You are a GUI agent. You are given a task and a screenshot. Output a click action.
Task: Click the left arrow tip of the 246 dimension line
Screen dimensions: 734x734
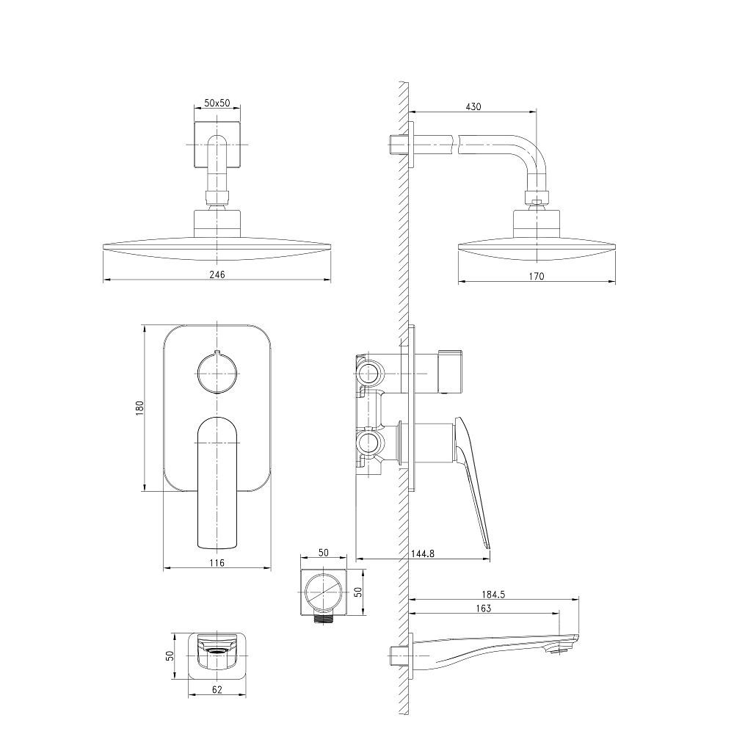(x=103, y=280)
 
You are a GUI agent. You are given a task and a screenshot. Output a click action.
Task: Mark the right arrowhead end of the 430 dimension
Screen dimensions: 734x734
(x=536, y=112)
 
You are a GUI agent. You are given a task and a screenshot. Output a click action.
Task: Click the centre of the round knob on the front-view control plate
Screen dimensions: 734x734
(x=217, y=373)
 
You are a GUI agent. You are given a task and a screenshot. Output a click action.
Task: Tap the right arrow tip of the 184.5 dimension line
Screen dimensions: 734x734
(x=578, y=599)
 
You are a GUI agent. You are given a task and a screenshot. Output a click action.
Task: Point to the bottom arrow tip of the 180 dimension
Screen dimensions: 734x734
(x=145, y=491)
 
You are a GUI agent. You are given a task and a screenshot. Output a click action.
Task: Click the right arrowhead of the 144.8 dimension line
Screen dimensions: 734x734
(x=490, y=558)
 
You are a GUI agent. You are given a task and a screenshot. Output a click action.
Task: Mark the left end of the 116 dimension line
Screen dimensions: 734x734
(x=164, y=568)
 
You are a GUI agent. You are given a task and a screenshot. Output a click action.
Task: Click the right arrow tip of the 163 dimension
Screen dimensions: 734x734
(x=559, y=613)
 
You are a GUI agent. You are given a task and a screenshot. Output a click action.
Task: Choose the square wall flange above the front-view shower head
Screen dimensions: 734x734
(x=217, y=145)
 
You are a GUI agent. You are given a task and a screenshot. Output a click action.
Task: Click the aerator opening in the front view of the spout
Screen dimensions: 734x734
(x=217, y=651)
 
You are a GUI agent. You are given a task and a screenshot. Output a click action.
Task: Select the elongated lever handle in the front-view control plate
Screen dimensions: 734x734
(x=217, y=483)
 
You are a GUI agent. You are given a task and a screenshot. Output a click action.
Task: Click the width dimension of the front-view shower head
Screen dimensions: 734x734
(x=217, y=275)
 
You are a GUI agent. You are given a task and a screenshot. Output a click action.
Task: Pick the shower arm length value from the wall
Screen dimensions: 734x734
(x=473, y=106)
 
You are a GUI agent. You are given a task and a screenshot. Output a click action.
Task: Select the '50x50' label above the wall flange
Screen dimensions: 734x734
(x=217, y=103)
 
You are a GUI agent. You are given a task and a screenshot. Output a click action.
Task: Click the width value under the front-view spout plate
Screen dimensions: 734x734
(x=217, y=689)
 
